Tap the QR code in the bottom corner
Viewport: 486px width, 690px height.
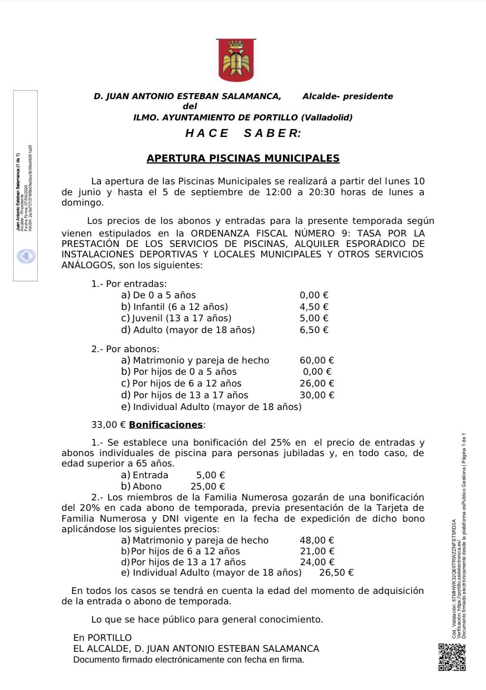452,657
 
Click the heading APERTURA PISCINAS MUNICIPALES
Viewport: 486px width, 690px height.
243,158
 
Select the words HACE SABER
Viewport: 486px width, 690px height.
243,133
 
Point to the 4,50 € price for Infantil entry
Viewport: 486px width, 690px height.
314,307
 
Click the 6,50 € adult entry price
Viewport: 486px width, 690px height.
314,330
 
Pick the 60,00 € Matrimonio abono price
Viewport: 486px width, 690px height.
317,360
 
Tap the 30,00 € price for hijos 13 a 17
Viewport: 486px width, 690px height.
317,395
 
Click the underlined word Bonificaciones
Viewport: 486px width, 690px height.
166,425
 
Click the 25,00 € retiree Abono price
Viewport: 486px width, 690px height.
208,487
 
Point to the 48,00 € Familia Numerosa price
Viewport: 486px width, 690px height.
317,540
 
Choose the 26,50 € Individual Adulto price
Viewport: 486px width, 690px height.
336,573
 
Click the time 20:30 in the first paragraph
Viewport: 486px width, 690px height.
322,192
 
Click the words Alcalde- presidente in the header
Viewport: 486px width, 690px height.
347,97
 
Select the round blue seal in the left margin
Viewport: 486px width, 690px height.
26,257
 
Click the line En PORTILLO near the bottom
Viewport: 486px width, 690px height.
103,638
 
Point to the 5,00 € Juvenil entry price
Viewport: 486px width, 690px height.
314,318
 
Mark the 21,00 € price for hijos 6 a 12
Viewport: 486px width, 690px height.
317,551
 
